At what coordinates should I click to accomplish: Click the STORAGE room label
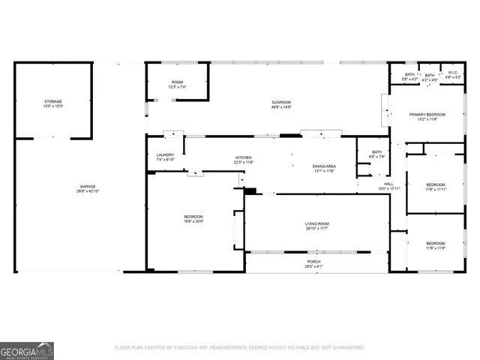[52, 101]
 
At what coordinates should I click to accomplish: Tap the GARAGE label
[88, 186]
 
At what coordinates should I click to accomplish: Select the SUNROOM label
[281, 102]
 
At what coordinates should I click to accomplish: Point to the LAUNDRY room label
[165, 154]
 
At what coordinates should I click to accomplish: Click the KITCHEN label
[244, 157]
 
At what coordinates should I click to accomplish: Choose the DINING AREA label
[323, 166]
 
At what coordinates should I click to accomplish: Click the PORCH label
[313, 262]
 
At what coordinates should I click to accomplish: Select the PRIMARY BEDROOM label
[427, 114]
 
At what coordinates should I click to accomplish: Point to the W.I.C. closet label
[452, 74]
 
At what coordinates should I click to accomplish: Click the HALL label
[388, 184]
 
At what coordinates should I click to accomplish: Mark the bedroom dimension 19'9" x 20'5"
[194, 221]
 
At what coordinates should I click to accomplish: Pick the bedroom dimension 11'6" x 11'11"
[436, 190]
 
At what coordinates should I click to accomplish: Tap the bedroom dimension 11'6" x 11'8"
[436, 247]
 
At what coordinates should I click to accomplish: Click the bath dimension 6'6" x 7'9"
[376, 157]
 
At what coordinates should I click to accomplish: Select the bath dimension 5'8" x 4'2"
[410, 79]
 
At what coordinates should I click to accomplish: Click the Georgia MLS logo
[27, 350]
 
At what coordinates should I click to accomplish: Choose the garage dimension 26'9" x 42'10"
[88, 191]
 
